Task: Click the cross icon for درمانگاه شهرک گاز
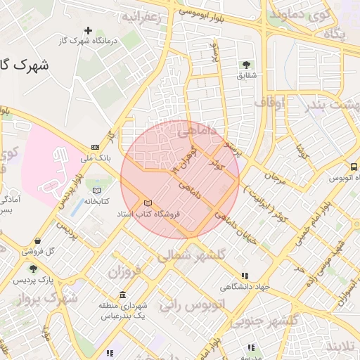coord(88,30)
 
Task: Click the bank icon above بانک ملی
coord(95,147)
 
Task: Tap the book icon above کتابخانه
coord(97,191)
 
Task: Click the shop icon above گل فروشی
coord(36,240)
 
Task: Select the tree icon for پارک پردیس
coord(32,269)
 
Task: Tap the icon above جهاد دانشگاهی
coord(244,276)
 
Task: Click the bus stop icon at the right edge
coord(354,167)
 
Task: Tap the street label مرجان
coord(275,179)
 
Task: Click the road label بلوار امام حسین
coord(307,221)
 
